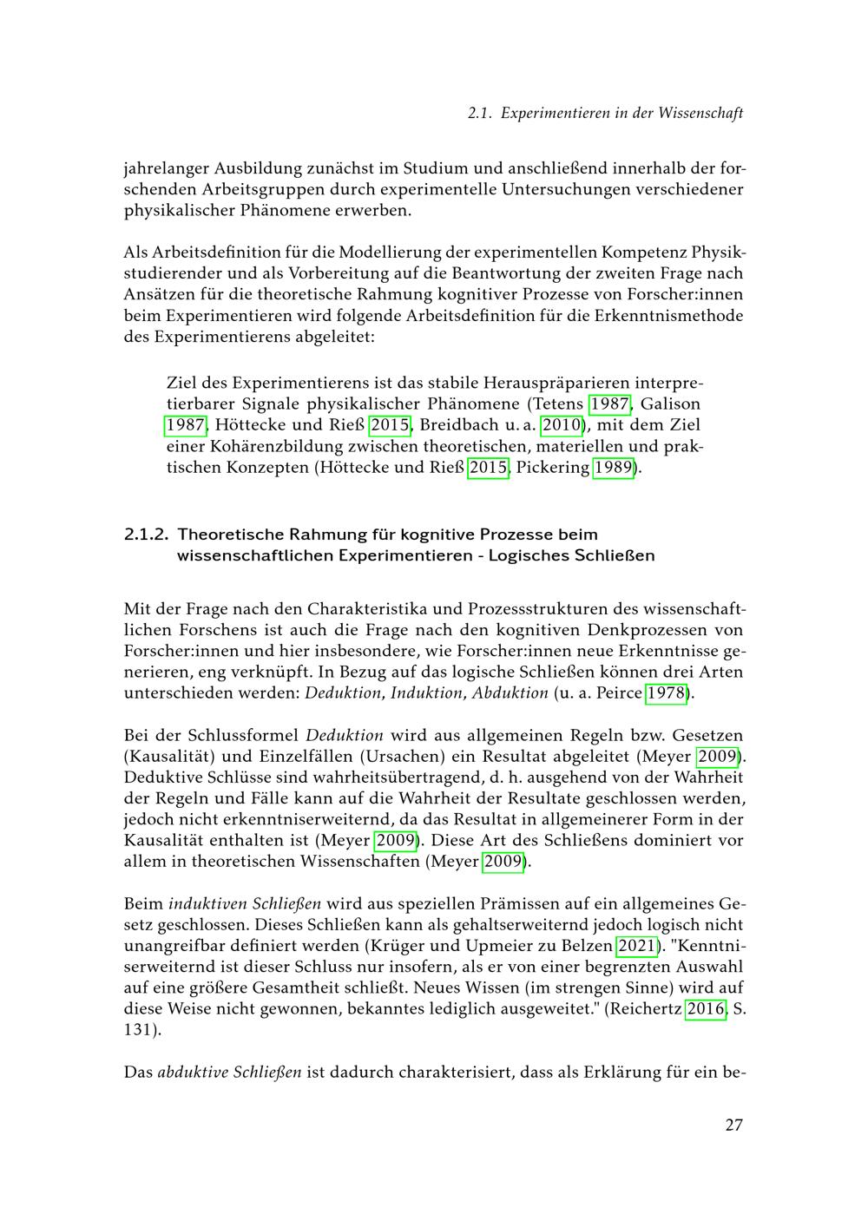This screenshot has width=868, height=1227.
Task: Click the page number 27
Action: coord(733,1125)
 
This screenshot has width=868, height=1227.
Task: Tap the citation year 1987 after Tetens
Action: coord(609,404)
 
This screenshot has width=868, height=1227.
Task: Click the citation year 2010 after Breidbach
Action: coord(562,425)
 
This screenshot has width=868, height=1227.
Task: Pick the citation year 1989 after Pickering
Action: coord(614,469)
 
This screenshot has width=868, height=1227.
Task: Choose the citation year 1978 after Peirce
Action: coord(667,693)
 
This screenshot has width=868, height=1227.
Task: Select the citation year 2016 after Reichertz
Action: coord(706,1009)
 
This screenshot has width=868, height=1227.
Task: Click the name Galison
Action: coord(670,404)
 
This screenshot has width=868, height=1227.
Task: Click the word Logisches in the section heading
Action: coord(528,555)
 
